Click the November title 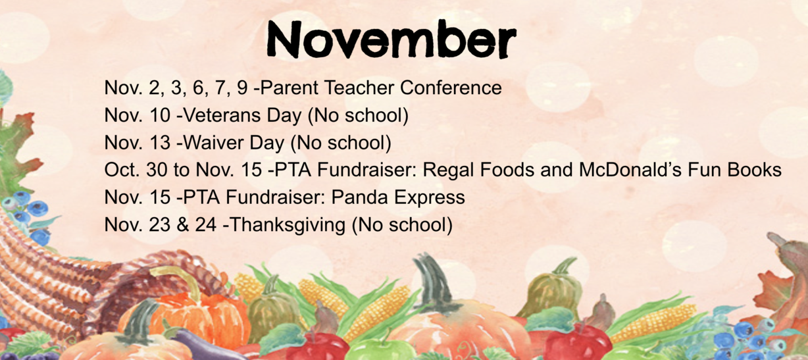click(x=391, y=39)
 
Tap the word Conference click(x=451, y=88)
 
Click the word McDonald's click(x=630, y=170)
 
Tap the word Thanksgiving click(x=288, y=225)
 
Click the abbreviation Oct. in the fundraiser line click(x=122, y=170)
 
